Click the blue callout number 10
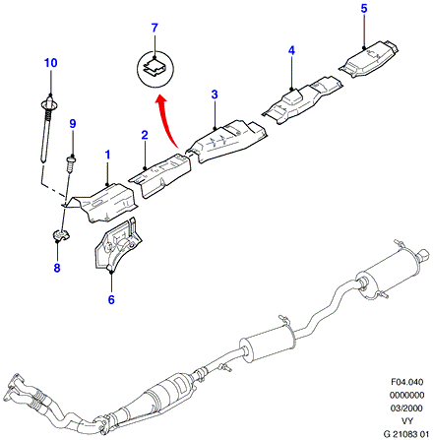(x=51, y=63)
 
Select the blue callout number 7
(x=155, y=28)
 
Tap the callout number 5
(x=364, y=9)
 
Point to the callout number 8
(x=57, y=268)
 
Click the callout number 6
(x=111, y=299)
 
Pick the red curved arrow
(x=164, y=120)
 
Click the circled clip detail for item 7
(x=155, y=69)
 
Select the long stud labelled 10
(x=46, y=128)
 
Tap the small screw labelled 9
(x=71, y=164)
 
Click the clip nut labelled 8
(x=60, y=235)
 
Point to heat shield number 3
(x=226, y=141)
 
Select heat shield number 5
(x=369, y=59)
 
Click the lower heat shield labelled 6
(x=118, y=245)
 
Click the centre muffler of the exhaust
(x=268, y=344)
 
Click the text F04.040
(x=407, y=382)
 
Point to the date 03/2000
(x=406, y=409)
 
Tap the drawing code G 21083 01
(x=406, y=434)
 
